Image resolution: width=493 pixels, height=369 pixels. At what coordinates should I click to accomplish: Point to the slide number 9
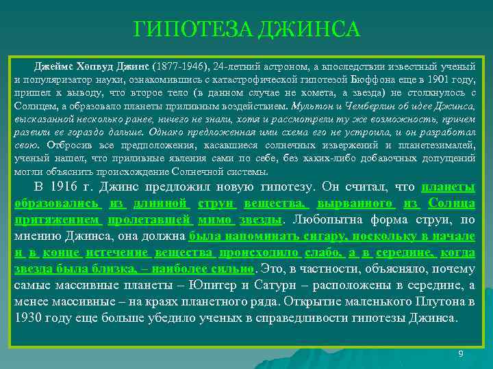[461, 353]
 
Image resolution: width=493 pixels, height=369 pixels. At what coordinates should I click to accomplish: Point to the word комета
[321, 93]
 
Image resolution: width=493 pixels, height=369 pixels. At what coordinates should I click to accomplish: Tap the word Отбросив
[67, 145]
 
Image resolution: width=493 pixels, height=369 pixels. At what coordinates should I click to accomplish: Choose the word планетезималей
[441, 145]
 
